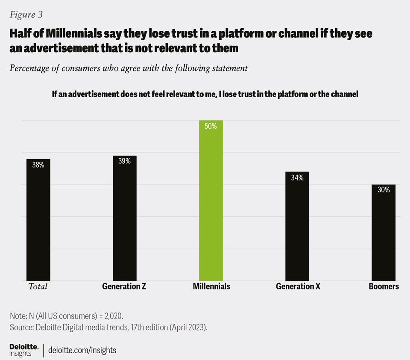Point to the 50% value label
pyautogui.click(x=211, y=127)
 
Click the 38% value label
pyautogui.click(x=38, y=165)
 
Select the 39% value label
pyautogui.click(x=124, y=162)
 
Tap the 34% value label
pyautogui.click(x=297, y=178)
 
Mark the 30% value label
pyautogui.click(x=384, y=190)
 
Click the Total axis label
pyautogui.click(x=38, y=286)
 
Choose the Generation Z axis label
pyautogui.click(x=124, y=286)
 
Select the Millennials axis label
pyautogui.click(x=211, y=286)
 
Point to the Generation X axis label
pyautogui.click(x=298, y=286)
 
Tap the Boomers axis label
pyautogui.click(x=384, y=286)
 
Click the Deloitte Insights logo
pyautogui.click(x=24, y=350)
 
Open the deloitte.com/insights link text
pyautogui.click(x=82, y=350)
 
